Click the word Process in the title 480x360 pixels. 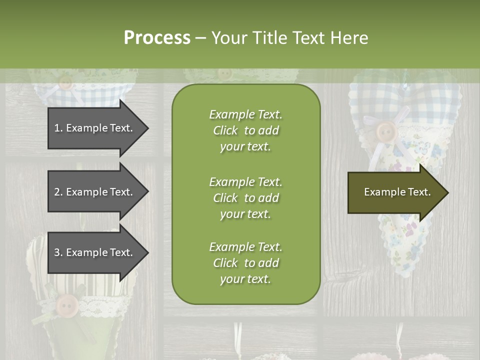157,38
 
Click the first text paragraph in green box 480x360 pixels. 245,130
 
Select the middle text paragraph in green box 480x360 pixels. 245,198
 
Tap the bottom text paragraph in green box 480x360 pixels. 245,263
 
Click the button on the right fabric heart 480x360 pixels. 385,132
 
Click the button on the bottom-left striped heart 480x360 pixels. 66,304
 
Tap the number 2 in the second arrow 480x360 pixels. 57,192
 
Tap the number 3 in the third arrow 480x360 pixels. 57,252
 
